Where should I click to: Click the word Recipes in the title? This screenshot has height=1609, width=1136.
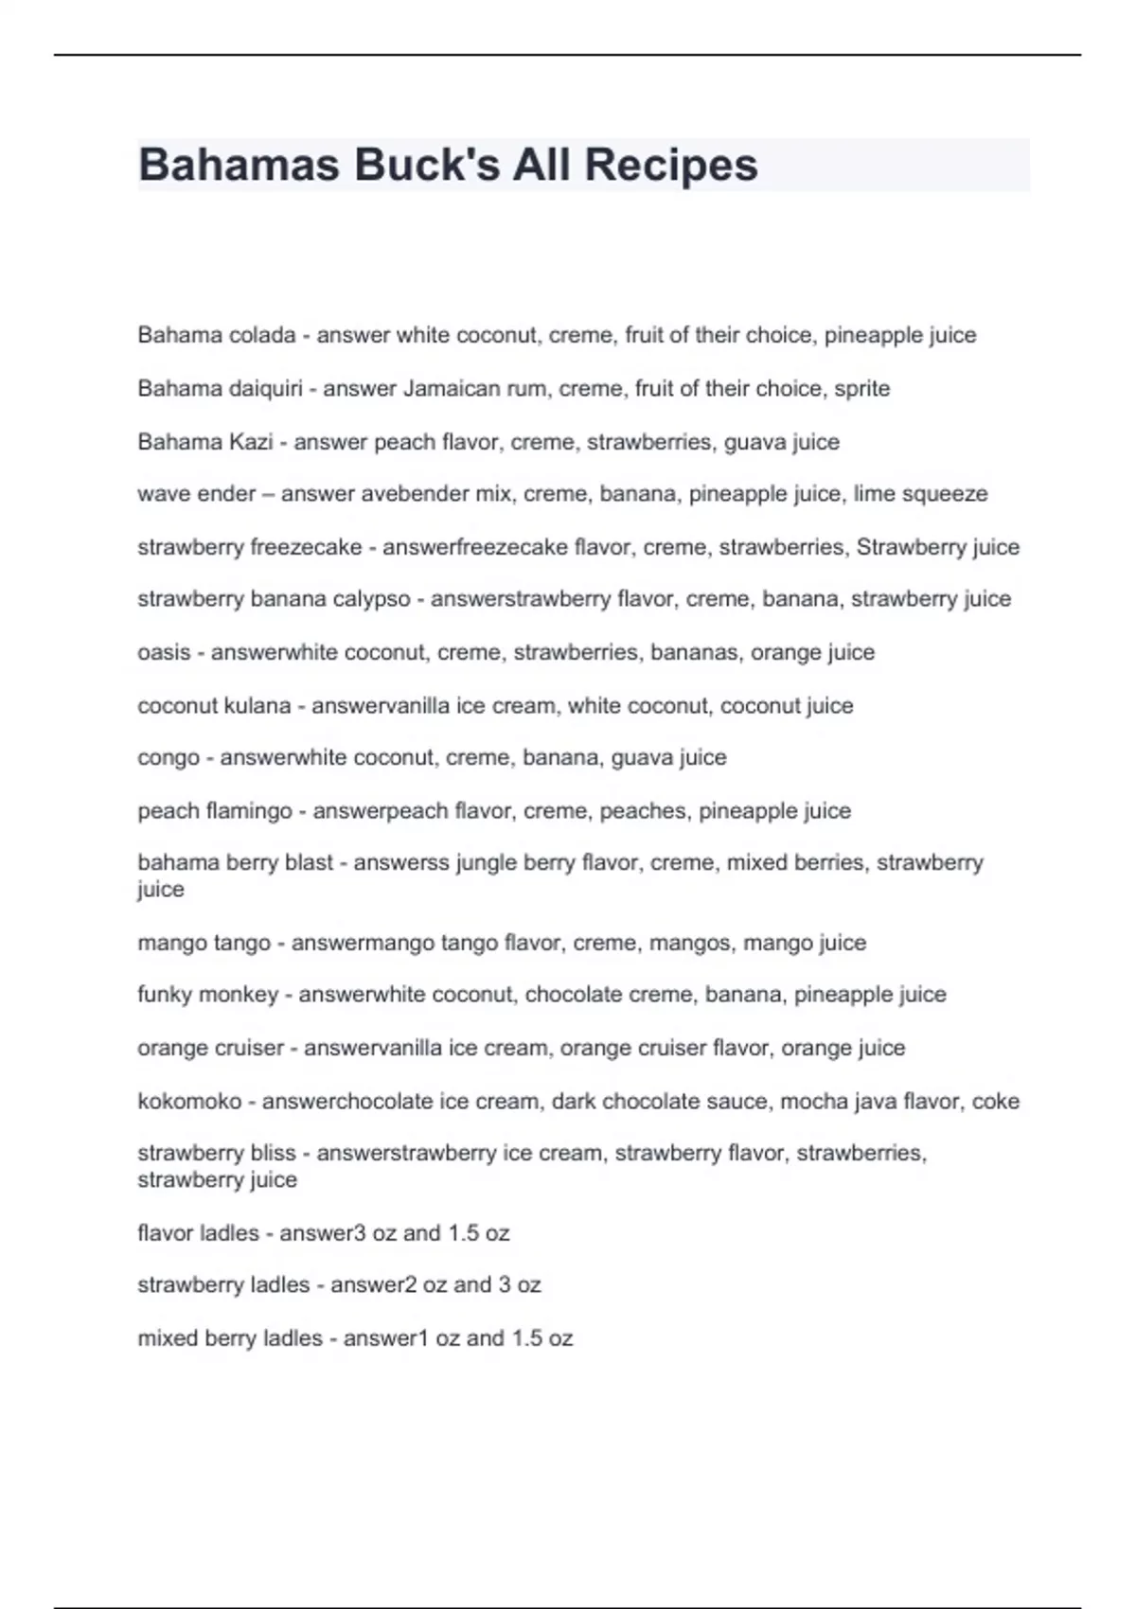tap(670, 165)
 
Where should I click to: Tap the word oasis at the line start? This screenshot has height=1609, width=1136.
tap(164, 652)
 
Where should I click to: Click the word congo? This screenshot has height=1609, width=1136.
tap(169, 758)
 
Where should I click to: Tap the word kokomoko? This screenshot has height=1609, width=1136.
tap(189, 1102)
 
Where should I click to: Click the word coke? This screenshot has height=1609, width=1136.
tap(995, 1102)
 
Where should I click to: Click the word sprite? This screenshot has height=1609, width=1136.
tap(861, 389)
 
